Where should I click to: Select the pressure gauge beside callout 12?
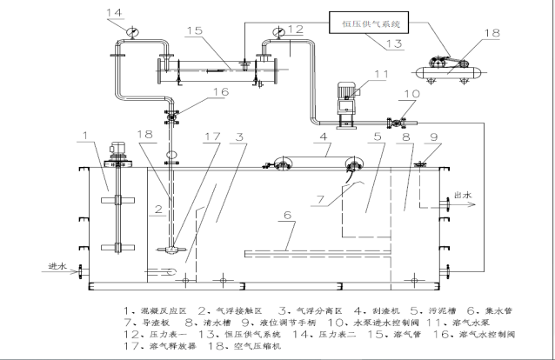tap(277, 33)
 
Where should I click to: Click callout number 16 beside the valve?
tap(196, 91)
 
